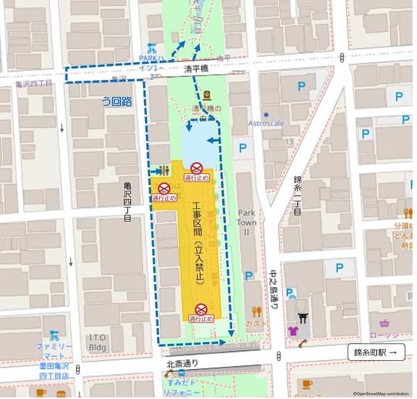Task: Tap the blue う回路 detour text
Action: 117,101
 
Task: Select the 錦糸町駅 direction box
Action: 375,352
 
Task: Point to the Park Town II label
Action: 247,222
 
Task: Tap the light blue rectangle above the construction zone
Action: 200,142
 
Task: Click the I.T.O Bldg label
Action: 97,341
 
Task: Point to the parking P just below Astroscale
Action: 243,147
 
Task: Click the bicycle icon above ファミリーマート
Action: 54,336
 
